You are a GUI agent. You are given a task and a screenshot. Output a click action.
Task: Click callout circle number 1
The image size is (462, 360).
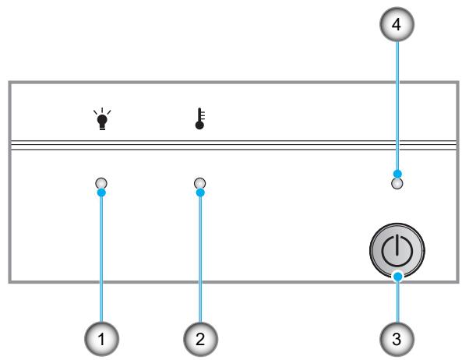101,339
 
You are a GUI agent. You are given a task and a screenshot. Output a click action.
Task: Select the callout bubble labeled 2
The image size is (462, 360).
200,339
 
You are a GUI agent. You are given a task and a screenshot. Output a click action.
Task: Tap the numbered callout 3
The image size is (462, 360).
397,339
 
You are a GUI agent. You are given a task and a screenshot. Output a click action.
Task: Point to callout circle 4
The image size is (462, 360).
397,24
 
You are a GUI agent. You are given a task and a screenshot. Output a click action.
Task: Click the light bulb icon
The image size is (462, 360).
102,119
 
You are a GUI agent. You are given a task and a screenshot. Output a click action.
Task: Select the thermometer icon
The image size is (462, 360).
200,118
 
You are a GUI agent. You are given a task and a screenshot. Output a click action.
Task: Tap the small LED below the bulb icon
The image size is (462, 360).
101,183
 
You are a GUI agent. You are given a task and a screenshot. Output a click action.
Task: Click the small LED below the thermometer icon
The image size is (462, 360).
200,183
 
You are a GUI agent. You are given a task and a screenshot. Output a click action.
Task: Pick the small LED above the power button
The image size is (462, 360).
397,184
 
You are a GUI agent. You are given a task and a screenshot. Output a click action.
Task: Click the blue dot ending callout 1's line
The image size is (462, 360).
101,193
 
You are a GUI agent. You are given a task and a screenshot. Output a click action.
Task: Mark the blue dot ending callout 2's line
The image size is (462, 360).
200,193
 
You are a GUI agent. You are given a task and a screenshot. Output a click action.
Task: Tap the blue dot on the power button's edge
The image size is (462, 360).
398,277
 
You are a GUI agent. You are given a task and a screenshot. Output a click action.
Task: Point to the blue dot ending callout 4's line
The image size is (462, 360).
397,174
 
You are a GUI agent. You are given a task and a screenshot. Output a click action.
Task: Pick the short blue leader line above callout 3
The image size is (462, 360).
398,302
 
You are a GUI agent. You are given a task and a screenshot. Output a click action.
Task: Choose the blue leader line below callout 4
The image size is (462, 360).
397,106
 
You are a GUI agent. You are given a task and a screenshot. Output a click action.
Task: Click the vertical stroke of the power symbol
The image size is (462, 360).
397,245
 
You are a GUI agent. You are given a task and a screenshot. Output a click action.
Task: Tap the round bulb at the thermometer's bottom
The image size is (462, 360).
199,125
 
